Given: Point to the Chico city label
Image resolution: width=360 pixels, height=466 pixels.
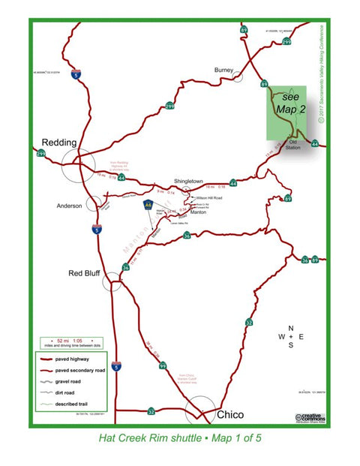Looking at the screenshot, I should coord(229,414).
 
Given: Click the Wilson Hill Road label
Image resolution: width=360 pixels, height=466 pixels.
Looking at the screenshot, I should coord(207,198).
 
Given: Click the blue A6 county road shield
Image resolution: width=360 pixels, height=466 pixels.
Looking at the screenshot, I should coord(148,203).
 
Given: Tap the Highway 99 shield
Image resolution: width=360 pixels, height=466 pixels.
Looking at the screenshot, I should coord(163,367).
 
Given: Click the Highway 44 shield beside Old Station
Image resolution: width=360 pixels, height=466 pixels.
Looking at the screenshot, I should coord(314,143).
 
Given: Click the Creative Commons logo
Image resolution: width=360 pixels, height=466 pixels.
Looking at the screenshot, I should coord(309,417).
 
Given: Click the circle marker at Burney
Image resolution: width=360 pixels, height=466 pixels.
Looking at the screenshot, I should coord(238,75).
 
